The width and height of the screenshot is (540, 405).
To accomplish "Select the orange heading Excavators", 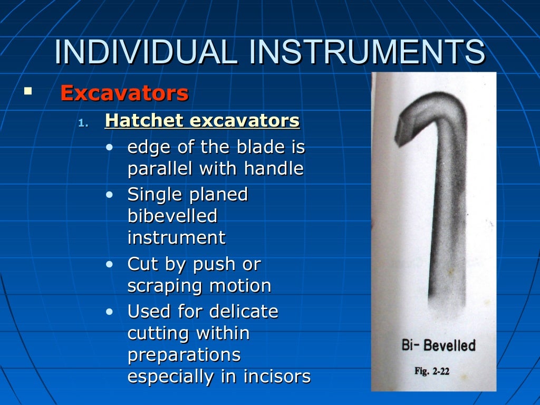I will [124, 93].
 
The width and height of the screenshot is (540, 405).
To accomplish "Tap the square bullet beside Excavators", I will [27, 91].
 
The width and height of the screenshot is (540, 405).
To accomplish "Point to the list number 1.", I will [82, 123].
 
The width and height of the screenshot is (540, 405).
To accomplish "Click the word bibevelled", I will [172, 216].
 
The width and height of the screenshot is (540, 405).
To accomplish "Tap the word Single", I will [154, 195].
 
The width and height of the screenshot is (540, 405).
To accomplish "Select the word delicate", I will [243, 312].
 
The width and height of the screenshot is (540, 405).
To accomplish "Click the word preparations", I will [184, 355].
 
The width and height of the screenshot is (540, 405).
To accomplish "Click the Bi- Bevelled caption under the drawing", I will [438, 345].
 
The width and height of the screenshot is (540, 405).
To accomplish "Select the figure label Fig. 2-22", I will [431, 371].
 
